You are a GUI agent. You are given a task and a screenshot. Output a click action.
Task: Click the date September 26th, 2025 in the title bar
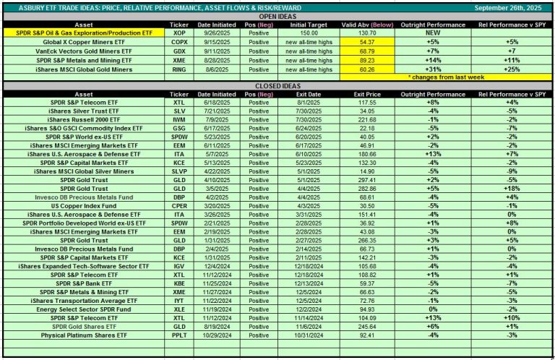[x=507, y=9]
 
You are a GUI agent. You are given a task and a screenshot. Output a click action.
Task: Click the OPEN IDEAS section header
[x=277, y=17]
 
